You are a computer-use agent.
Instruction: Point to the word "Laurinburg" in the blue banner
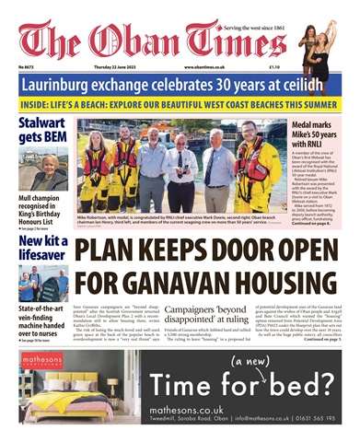coord(71,85)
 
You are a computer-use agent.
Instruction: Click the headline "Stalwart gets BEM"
coord(41,131)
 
